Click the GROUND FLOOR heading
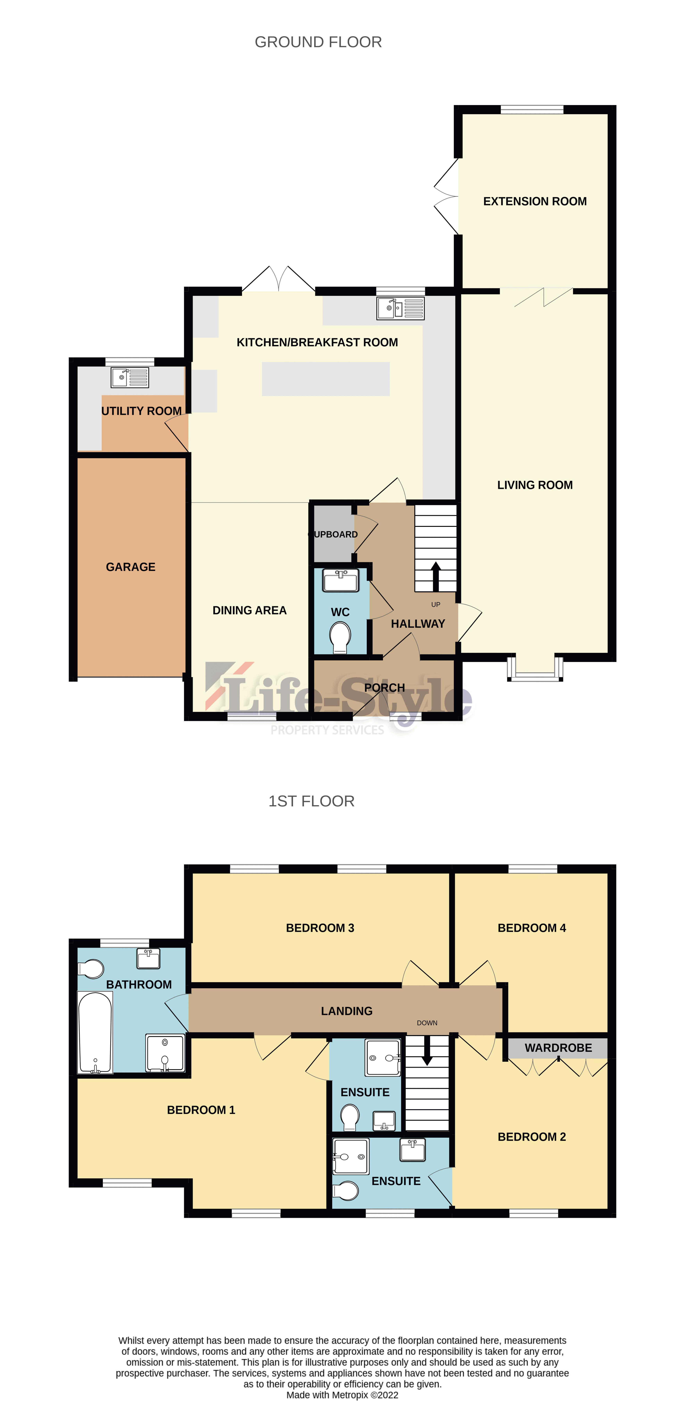[x=318, y=42]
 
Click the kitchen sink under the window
[x=401, y=308]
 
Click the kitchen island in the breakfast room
[x=326, y=379]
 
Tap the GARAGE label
[x=130, y=567]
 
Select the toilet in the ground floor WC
[x=340, y=636]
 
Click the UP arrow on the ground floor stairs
[x=435, y=577]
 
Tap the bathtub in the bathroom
[x=95, y=1032]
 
